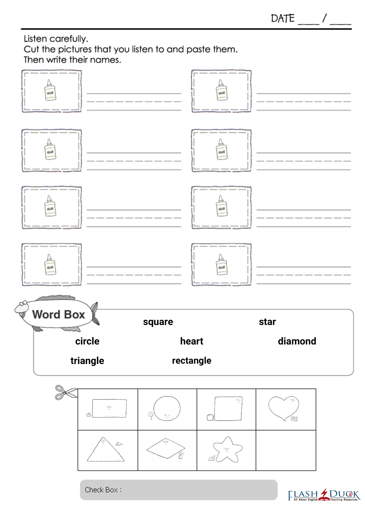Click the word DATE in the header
[283, 18]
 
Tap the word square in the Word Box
[158, 322]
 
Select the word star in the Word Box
[267, 322]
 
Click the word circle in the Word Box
[87, 341]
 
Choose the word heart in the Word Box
[192, 341]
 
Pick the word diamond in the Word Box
[297, 341]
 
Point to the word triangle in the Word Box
[87, 361]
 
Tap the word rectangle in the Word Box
[192, 361]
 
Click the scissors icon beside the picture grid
[66, 393]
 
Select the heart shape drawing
[284, 409]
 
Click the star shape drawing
[228, 450]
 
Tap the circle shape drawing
[167, 409]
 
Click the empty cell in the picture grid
[286, 450]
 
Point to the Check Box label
[103, 490]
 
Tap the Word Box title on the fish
[58, 315]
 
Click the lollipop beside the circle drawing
[151, 416]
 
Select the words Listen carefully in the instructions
[56, 39]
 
